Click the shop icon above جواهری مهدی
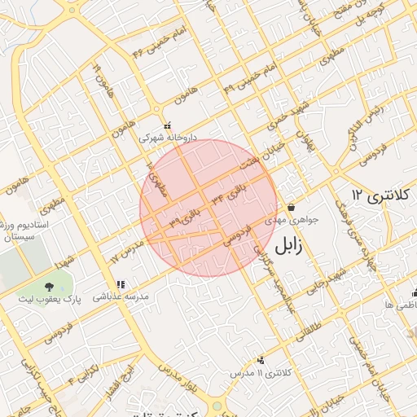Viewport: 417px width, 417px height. click(x=291, y=206)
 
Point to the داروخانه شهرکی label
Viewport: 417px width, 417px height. click(x=168, y=138)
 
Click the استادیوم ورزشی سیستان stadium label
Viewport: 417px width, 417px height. click(x=24, y=229)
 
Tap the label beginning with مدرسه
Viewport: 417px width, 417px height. click(x=123, y=298)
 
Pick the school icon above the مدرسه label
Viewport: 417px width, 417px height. click(x=121, y=285)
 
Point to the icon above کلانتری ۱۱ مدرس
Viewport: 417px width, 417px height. click(x=261, y=360)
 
